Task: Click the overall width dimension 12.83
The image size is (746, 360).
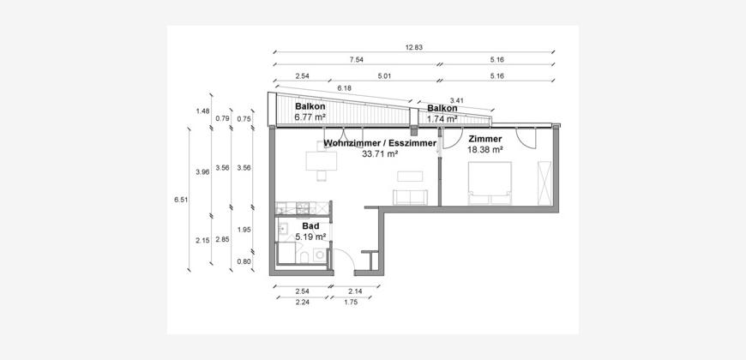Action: [414, 47]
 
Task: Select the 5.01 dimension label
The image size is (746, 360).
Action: [384, 75]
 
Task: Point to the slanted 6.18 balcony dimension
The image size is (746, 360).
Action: [344, 88]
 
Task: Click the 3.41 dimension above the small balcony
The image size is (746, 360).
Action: [457, 100]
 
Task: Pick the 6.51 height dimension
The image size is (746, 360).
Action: [181, 200]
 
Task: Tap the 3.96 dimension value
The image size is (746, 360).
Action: [202, 172]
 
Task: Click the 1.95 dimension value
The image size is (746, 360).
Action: [244, 230]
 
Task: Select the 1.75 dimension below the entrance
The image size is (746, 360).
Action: [350, 301]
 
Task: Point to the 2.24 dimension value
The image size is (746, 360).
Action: [303, 301]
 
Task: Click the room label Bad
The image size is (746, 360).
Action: [310, 227]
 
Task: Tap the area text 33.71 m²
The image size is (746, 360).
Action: [380, 153]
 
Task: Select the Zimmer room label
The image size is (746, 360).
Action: [485, 139]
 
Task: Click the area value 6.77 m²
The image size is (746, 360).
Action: [310, 116]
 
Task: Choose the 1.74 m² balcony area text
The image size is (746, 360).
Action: [442, 119]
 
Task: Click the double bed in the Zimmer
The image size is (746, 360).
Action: [490, 183]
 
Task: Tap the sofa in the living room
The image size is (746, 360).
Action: [410, 197]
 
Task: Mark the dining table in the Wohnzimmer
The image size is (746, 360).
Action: [322, 161]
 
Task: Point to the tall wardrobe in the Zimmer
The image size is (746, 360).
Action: [544, 183]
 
